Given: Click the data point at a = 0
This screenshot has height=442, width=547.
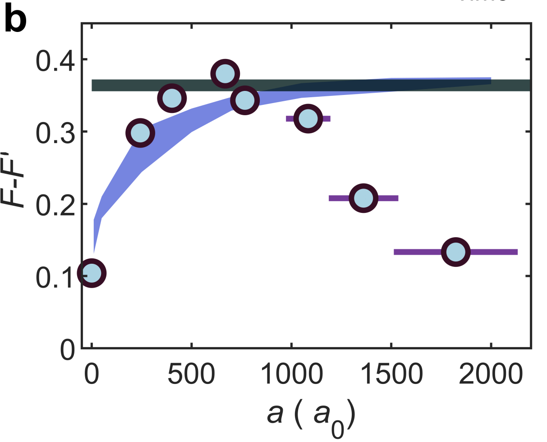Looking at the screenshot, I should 92,273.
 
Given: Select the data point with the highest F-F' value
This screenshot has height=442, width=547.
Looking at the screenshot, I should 225,74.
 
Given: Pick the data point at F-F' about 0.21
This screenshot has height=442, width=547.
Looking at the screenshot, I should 363,198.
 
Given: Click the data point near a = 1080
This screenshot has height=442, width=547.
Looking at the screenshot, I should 308,119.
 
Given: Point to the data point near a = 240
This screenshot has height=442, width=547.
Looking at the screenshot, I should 140,133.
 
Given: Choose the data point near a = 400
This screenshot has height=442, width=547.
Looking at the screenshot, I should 172,98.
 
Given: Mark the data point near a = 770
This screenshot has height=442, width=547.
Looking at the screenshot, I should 244,100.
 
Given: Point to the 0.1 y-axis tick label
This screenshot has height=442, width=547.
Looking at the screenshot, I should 54,278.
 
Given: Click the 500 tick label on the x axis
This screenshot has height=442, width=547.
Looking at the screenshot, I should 192,374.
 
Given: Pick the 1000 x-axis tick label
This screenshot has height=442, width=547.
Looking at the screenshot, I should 292,374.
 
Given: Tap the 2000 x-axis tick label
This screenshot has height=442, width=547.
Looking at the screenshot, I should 491,374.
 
